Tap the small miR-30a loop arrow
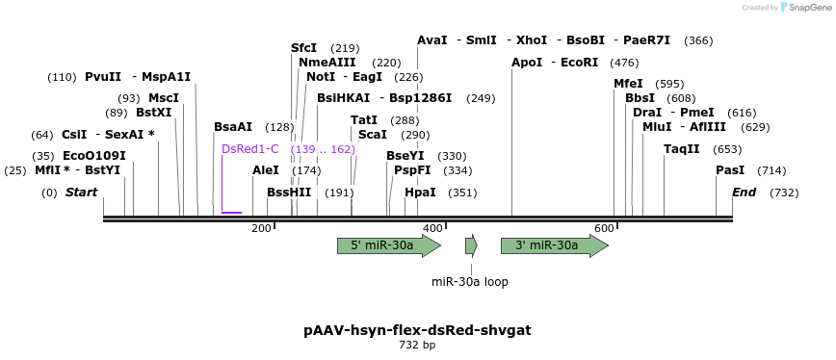point(471,245)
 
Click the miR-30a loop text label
point(470,282)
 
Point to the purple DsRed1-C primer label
point(250,149)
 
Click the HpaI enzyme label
point(420,193)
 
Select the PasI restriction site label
point(730,170)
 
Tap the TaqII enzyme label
point(682,149)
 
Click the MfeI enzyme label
point(628,84)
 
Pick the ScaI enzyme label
point(372,135)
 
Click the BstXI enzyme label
point(153,113)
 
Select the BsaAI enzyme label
point(233,127)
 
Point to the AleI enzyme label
point(266,170)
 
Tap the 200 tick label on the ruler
point(261,228)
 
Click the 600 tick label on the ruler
point(604,228)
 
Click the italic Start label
point(82,193)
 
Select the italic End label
point(744,193)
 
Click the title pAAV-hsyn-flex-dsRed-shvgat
point(417,330)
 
